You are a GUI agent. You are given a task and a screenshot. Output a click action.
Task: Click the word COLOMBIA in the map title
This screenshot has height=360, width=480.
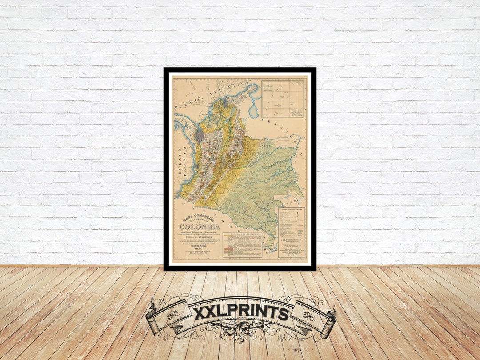(x=200, y=227)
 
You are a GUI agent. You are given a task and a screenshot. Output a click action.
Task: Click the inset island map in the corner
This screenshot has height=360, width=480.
(x=283, y=98)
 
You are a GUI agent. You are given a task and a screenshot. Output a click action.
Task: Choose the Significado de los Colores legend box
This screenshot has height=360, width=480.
(x=243, y=245)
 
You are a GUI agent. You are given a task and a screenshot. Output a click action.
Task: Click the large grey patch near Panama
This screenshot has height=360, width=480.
(x=200, y=135)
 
